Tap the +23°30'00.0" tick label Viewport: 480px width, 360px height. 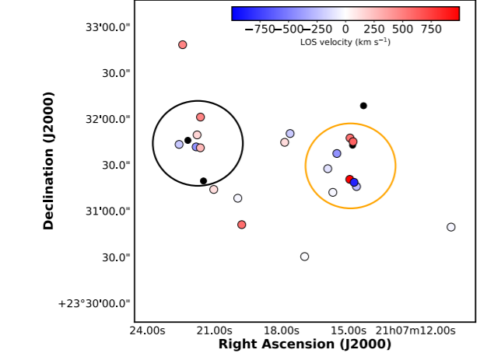(x=93, y=303)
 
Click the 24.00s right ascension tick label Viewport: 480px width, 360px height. (x=147, y=330)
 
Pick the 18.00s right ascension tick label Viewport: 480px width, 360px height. (x=281, y=330)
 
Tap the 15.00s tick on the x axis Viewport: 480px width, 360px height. (x=347, y=330)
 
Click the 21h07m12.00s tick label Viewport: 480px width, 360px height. (x=415, y=330)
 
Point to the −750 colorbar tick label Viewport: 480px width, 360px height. (x=259, y=29)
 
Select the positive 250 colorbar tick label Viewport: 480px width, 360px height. (x=374, y=29)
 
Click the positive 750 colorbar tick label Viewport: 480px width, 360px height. (x=431, y=29)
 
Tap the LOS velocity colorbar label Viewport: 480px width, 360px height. (x=345, y=42)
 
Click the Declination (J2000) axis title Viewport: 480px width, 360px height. (x=49, y=160)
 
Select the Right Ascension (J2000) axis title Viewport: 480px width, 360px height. (x=304, y=344)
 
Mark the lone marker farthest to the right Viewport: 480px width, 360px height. (x=451, y=227)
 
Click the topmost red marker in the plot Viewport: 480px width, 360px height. (x=183, y=45)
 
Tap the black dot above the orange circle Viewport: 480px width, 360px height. (x=363, y=106)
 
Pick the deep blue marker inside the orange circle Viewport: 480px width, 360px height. (x=354, y=183)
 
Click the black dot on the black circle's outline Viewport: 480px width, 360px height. (x=203, y=181)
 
